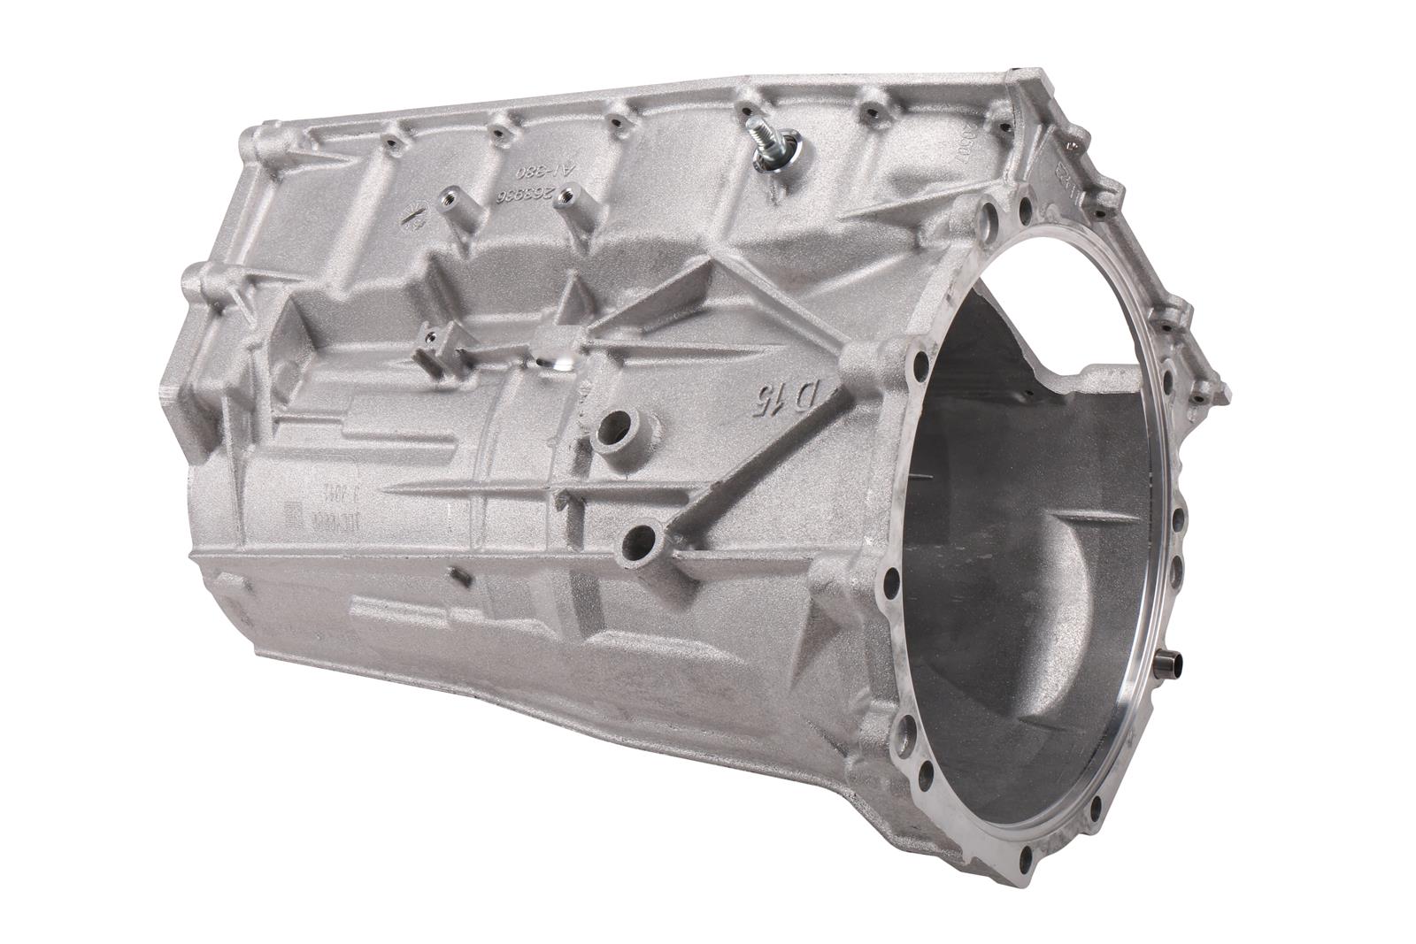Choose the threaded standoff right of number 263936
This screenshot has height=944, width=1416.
tap(566, 201)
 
